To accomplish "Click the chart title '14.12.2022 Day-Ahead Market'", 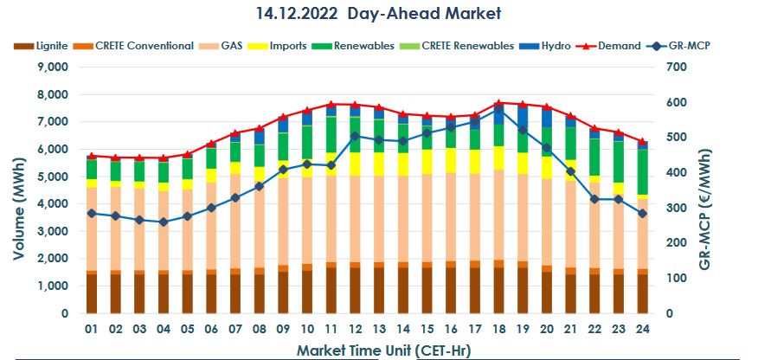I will point(378,14).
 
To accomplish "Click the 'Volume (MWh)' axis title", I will point(19,190).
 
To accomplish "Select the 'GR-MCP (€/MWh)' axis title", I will point(729,190).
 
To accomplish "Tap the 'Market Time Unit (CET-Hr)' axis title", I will point(381,350).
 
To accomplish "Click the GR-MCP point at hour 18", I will point(498,109).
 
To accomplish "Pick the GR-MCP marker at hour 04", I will point(164,222).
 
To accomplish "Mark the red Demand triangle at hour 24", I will point(642,141).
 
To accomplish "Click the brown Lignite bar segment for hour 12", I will point(355,290).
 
